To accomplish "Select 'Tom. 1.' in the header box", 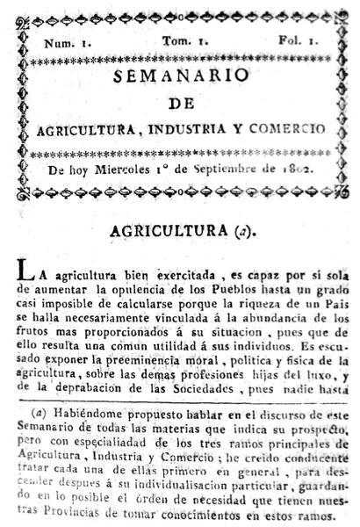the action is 181,41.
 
